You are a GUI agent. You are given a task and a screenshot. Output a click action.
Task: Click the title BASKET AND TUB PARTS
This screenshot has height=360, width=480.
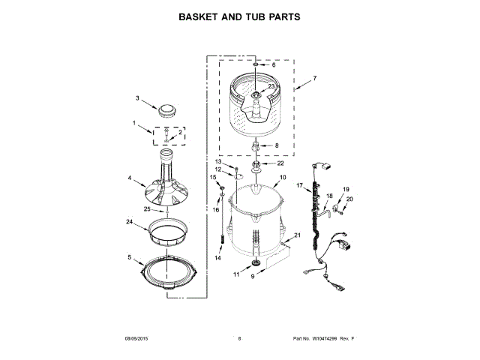coord(239,16)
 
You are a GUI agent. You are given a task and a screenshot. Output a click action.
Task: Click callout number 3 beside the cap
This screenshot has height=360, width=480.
coord(137,98)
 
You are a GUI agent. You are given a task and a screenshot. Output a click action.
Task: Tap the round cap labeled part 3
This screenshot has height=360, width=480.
coord(170,109)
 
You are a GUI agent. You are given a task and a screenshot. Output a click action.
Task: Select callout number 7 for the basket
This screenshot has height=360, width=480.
coord(315,78)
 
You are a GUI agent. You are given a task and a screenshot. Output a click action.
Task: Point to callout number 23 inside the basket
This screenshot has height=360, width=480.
coord(271,87)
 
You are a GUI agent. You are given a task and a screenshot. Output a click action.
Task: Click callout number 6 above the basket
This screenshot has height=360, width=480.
coord(273,65)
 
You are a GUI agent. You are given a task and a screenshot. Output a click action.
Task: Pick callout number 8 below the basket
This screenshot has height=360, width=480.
coord(276,145)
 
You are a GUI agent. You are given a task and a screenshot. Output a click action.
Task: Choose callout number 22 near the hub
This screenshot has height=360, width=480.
coord(280,163)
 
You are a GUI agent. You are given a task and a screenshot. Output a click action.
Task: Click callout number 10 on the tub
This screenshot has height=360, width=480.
coord(283,178)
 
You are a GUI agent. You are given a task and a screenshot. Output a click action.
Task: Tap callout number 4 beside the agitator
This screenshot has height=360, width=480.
coord(130,178)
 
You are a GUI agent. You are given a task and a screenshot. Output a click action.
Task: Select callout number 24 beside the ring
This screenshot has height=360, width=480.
coord(129,222)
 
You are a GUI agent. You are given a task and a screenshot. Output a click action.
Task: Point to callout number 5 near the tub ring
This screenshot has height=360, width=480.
coord(129,258)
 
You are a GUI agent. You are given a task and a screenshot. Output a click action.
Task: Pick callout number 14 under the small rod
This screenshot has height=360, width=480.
coord(218,258)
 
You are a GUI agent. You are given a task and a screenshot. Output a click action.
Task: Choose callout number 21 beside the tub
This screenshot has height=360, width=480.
coord(297,235)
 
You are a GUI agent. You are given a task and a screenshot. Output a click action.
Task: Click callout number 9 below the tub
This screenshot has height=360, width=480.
coord(252,277)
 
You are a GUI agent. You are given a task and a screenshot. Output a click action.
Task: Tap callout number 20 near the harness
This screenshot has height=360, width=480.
coord(348,199)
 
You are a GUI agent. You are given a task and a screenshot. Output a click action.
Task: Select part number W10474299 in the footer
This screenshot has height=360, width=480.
coord(327,339)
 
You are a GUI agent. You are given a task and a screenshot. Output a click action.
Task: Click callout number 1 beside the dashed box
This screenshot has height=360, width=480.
coord(135,123)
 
